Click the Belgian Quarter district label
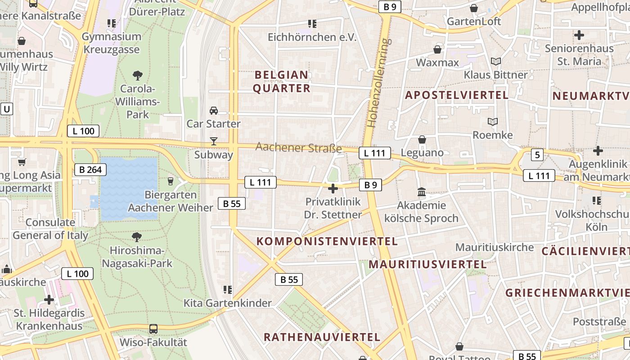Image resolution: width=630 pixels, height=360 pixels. click(x=282, y=81)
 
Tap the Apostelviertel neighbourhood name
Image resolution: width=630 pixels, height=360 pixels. click(x=457, y=95)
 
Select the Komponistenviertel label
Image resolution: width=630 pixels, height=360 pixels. click(x=327, y=241)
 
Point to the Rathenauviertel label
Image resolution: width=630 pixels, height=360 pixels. click(x=322, y=337)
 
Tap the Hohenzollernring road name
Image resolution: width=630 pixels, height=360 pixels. click(x=378, y=83)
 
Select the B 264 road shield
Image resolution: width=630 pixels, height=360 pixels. click(x=90, y=170)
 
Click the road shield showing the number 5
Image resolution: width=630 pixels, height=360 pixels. click(x=537, y=155)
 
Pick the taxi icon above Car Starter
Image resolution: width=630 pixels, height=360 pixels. click(x=214, y=111)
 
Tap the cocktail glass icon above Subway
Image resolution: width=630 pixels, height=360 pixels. click(x=214, y=141)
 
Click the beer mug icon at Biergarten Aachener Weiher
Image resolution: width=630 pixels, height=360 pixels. click(x=170, y=181)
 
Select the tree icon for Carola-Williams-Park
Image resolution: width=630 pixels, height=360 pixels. click(x=138, y=75)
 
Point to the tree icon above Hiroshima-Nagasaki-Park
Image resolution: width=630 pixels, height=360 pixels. click(x=137, y=237)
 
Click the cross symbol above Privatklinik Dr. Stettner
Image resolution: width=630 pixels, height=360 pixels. click(x=333, y=188)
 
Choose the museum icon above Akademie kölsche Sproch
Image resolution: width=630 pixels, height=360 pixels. click(x=422, y=192)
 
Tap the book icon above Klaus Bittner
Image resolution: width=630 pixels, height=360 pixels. click(x=495, y=61)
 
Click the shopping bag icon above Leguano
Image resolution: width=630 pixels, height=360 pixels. click(x=422, y=139)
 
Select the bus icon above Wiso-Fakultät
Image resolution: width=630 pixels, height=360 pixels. click(x=153, y=329)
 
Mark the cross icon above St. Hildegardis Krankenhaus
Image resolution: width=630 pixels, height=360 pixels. click(x=49, y=299)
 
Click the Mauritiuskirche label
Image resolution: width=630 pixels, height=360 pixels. click(x=495, y=247)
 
